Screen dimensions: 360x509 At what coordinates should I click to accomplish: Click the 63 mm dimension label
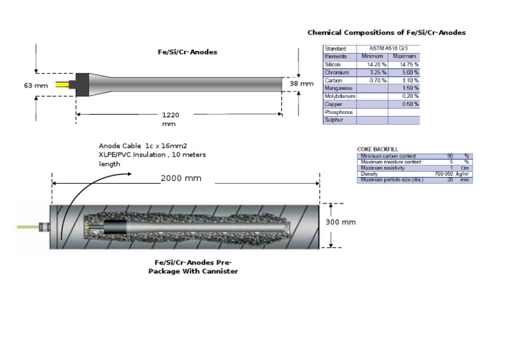pyautogui.click(x=36, y=86)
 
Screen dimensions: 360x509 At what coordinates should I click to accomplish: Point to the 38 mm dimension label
pyautogui.click(x=302, y=84)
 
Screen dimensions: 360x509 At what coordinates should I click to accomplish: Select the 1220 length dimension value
pyautogui.click(x=170, y=115)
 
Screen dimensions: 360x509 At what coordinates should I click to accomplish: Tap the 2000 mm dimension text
pyautogui.click(x=181, y=178)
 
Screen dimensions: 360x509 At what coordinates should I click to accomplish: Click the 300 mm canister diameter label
pyautogui.click(x=341, y=222)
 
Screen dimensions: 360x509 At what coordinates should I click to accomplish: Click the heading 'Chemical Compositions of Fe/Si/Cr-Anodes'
pyautogui.click(x=386, y=32)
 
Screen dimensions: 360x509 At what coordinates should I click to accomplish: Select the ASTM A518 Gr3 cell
pyautogui.click(x=390, y=48)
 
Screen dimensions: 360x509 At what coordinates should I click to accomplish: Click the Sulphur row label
pyautogui.click(x=334, y=120)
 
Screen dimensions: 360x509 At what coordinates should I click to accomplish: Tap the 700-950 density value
pyautogui.click(x=442, y=174)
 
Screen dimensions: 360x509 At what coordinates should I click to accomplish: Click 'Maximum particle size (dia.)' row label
pyautogui.click(x=392, y=180)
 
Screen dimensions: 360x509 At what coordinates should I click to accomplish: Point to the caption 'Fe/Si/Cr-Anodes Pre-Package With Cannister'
pyautogui.click(x=192, y=267)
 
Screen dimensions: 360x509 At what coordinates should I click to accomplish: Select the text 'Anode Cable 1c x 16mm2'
pyautogui.click(x=144, y=145)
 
